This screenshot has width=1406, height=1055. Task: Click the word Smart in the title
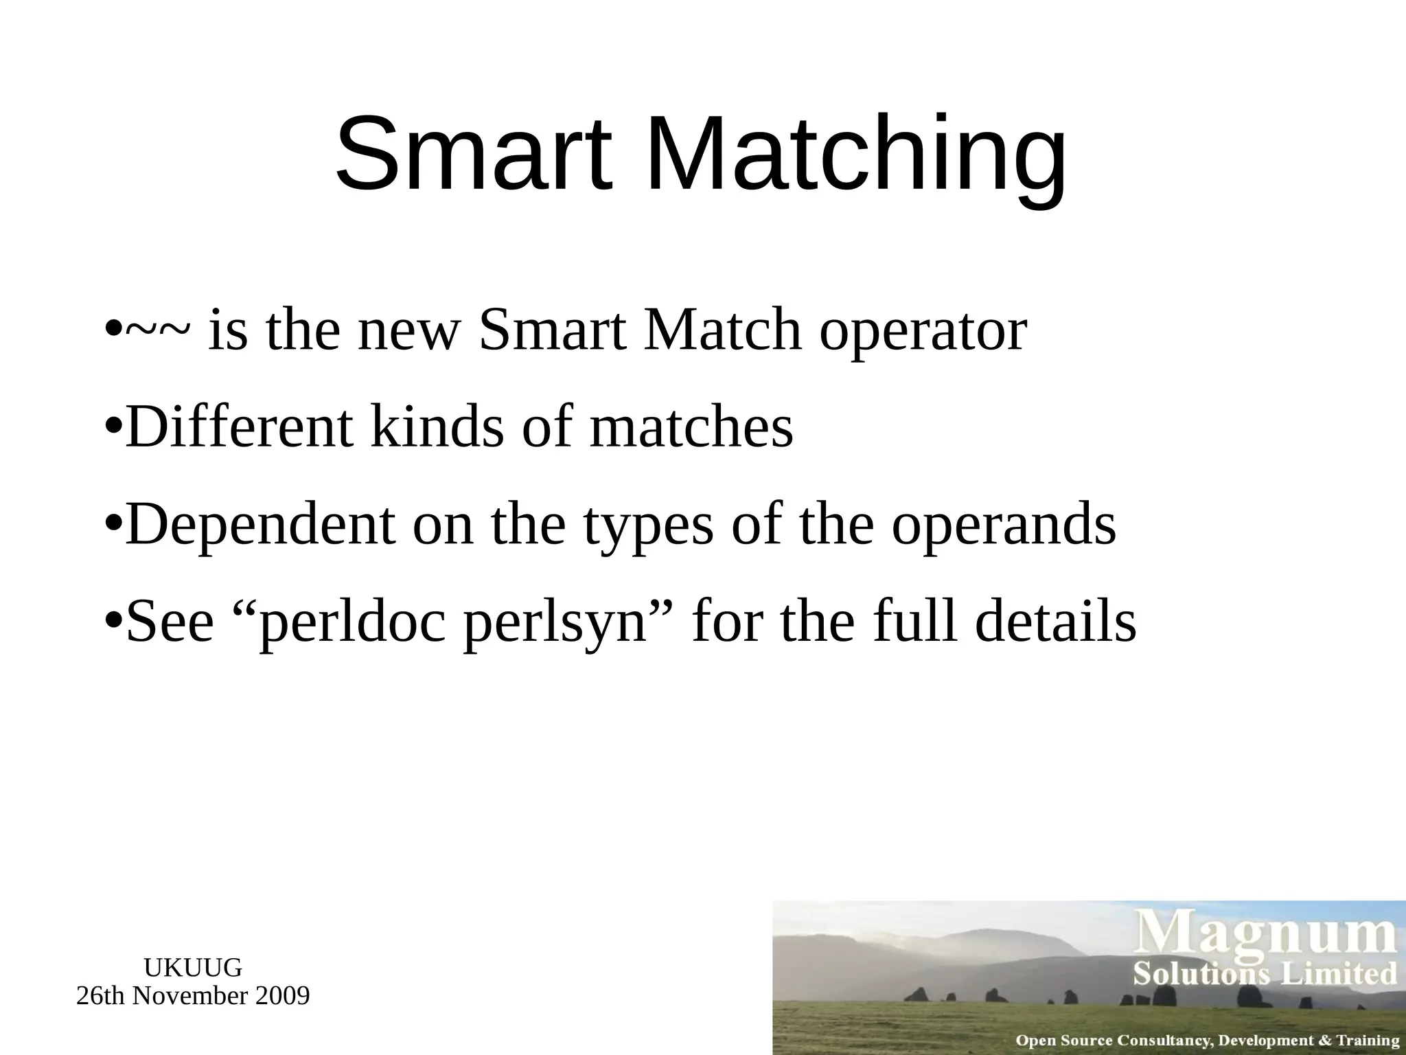pos(472,154)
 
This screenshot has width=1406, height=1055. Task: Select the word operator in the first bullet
pos(923,332)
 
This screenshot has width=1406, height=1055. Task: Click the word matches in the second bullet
pos(691,427)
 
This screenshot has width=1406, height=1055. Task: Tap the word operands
pos(1004,525)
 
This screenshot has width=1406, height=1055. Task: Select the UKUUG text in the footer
pos(193,968)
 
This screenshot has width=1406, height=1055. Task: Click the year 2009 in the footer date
pos(281,996)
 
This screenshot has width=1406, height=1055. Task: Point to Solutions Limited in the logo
pos(1265,975)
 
